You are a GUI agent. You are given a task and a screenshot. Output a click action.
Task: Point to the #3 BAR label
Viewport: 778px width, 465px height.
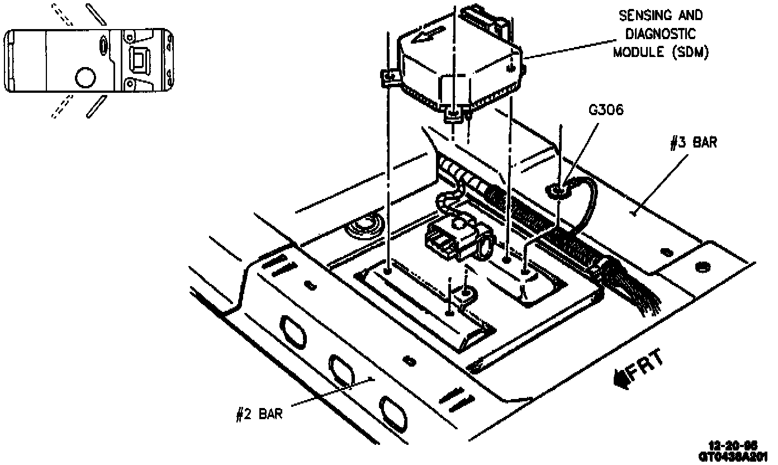click(693, 143)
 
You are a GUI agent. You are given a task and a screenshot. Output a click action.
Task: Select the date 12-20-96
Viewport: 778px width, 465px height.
click(732, 445)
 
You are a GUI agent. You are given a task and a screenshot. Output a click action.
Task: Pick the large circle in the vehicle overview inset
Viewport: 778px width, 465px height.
click(86, 77)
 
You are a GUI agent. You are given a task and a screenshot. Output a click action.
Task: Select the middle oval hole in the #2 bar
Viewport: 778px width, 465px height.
click(341, 370)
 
